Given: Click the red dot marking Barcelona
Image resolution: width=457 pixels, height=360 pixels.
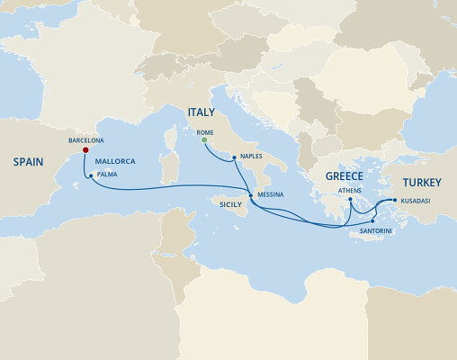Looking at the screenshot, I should [85, 150].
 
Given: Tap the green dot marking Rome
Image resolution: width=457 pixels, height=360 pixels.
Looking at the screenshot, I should [204, 140].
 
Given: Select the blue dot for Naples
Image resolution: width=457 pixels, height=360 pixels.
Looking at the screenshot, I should [234, 158].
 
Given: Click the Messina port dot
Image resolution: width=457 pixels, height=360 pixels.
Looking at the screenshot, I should [250, 194].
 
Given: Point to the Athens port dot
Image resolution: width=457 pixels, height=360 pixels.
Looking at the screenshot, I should [350, 200].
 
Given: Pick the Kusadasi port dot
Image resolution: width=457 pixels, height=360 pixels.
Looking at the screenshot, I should [395, 202].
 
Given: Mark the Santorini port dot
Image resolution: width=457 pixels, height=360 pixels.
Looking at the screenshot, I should [372, 220].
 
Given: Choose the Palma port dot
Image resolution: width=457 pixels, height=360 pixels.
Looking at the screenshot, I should [90, 175].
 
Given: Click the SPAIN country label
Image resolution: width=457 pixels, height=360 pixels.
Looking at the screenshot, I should [29, 163].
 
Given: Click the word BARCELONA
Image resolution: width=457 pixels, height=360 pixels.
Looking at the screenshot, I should [86, 140].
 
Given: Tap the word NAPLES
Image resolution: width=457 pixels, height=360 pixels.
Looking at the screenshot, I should [253, 155].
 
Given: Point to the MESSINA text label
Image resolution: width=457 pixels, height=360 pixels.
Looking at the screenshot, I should [270, 194].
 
